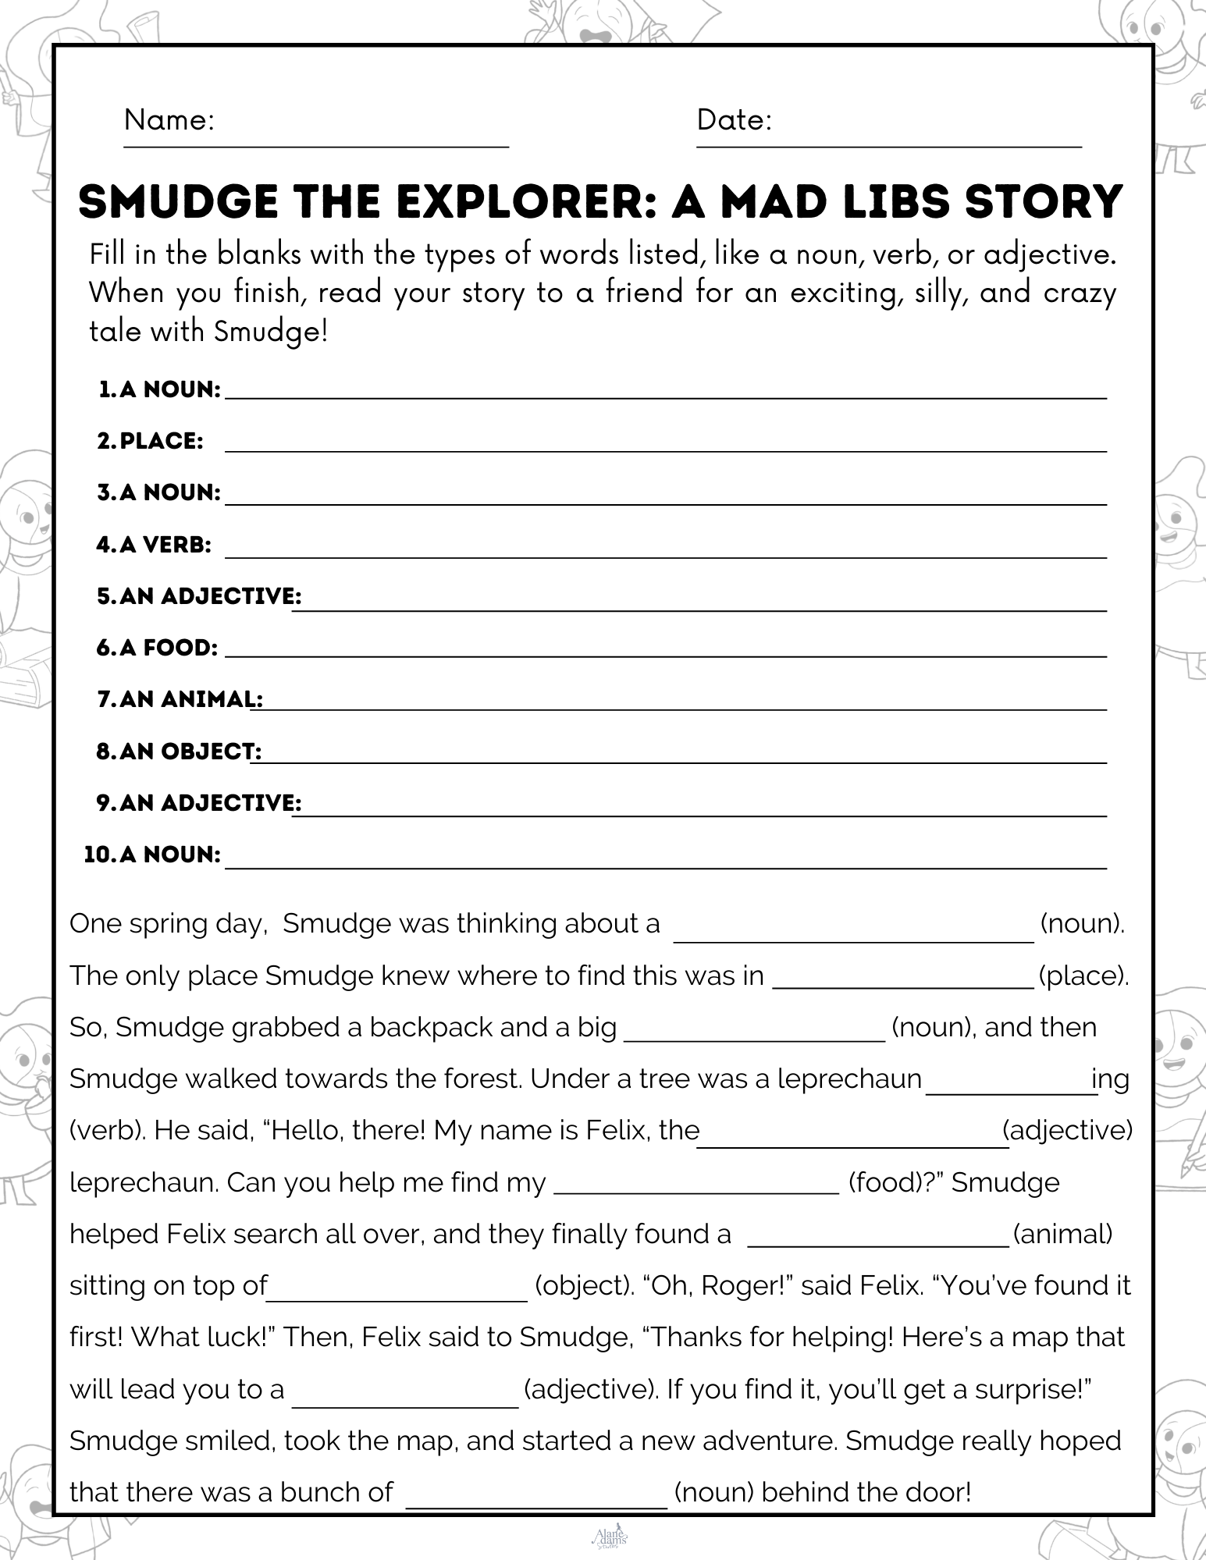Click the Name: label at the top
pos(169,120)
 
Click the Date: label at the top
pos(734,120)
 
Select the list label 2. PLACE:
pos(151,442)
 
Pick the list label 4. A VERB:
pos(154,545)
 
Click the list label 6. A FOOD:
pos(157,648)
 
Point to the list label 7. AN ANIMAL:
pos(180,699)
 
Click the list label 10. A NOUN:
pos(152,855)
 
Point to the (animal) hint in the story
pos(1062,1235)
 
